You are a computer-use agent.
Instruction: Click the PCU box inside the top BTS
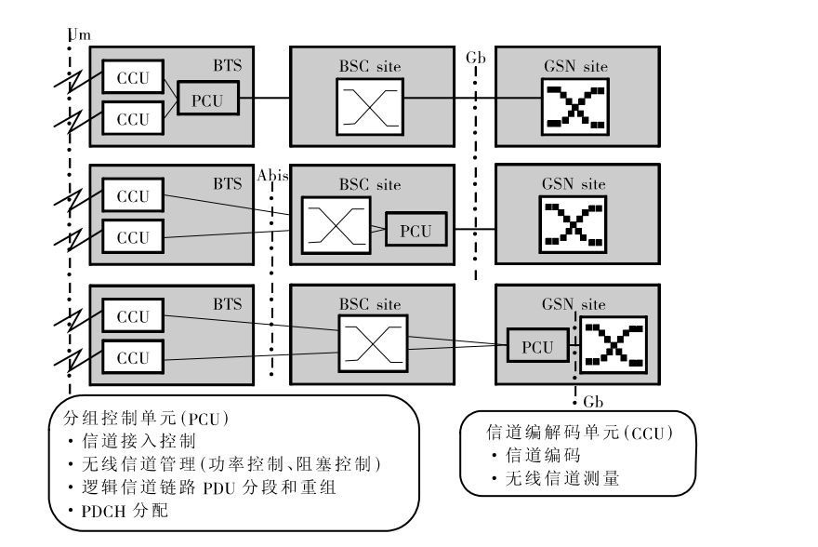click(x=207, y=100)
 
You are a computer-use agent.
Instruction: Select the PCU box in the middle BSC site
click(x=416, y=230)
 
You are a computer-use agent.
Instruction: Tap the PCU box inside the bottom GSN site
click(x=536, y=347)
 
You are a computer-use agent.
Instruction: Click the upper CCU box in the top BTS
click(x=132, y=77)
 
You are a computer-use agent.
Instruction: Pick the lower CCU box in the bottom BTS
click(x=132, y=357)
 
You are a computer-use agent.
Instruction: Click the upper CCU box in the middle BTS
click(x=132, y=197)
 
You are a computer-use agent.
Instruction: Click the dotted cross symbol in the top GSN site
click(x=574, y=105)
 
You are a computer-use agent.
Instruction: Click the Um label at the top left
click(x=81, y=35)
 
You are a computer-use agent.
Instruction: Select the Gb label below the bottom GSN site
click(x=595, y=403)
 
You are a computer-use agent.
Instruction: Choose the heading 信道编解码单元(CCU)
click(x=578, y=433)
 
